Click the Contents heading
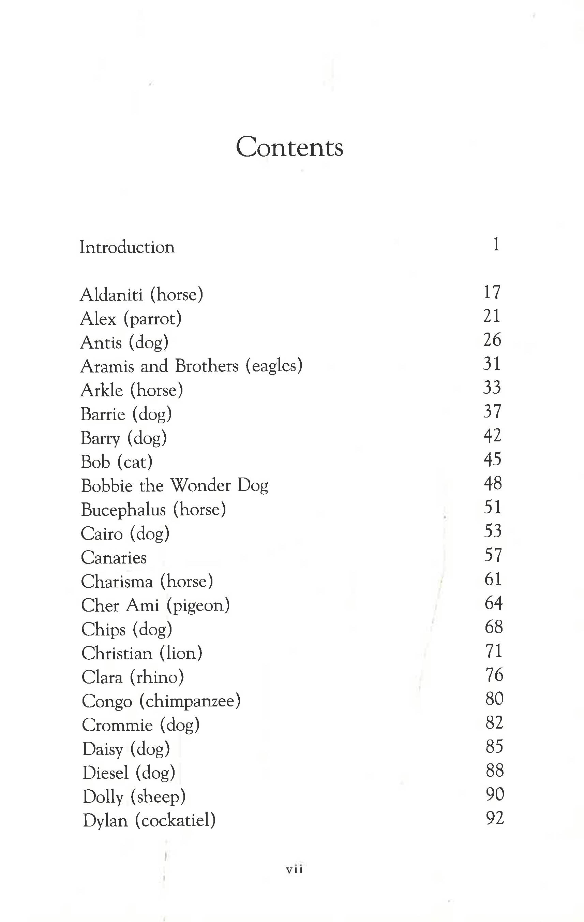point(289,147)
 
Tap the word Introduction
point(127,247)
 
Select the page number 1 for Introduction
point(496,244)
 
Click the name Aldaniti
point(111,294)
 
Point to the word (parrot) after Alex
point(152,319)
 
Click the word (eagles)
point(274,366)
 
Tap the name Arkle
point(102,390)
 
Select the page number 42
point(492,435)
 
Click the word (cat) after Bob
point(135,462)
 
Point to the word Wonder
point(200,485)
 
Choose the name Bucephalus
point(123,510)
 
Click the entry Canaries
point(114,557)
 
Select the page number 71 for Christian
point(493,651)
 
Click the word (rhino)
point(157,677)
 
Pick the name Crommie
point(117,725)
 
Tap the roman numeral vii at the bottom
point(294,869)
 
